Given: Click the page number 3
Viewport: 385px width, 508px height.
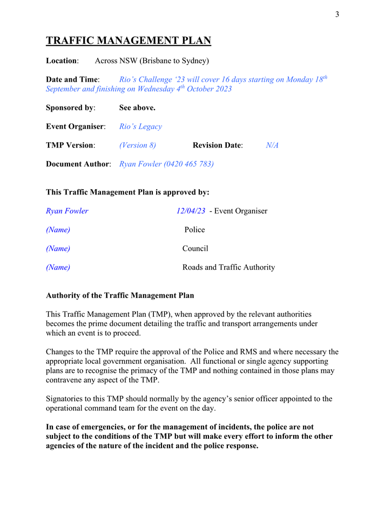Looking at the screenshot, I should [337, 15].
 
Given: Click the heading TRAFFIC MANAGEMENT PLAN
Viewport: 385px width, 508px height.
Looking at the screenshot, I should [128, 41].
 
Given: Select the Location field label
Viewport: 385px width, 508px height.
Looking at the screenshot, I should [62, 61].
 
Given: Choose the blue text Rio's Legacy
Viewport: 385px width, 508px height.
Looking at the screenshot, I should [140, 126].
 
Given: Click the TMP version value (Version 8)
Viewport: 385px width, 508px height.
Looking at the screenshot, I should [137, 145].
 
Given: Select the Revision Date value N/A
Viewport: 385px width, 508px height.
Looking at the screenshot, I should [272, 145].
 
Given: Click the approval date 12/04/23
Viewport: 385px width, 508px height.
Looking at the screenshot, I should [191, 211].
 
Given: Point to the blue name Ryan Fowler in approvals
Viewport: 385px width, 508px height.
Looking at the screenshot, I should [67, 211].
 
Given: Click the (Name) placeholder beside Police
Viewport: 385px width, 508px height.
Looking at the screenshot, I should [58, 230].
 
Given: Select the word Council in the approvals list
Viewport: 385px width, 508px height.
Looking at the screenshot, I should [195, 249].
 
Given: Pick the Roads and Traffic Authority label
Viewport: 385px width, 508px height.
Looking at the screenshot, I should [228, 267].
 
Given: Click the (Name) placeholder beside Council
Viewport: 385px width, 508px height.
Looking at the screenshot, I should [58, 249].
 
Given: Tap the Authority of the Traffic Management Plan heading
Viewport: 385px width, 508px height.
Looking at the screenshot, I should [120, 296].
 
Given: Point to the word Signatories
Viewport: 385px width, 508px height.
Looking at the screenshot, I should [67, 399].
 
